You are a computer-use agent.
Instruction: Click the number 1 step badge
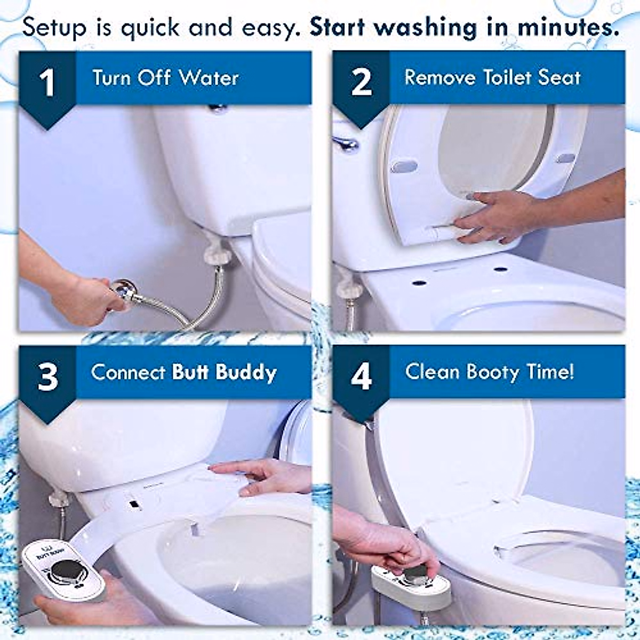pyautogui.click(x=47, y=84)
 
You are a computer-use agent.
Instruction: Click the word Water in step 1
pyautogui.click(x=209, y=78)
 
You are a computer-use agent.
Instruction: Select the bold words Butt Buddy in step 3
pyautogui.click(x=224, y=372)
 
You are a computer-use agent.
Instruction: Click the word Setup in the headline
pyautogui.click(x=54, y=27)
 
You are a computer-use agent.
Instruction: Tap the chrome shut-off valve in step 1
pyautogui.click(x=125, y=291)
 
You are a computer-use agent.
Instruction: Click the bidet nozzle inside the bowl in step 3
pyautogui.click(x=197, y=528)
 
